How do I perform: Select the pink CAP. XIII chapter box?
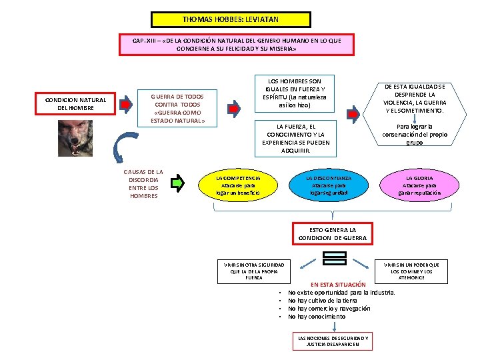click(x=236, y=45)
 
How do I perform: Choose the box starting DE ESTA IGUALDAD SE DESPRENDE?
click(x=415, y=99)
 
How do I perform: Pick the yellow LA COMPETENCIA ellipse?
click(x=238, y=185)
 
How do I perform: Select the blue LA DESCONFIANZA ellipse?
click(x=329, y=185)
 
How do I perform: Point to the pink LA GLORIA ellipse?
click(x=419, y=185)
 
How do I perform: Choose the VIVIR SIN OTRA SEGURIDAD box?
click(x=254, y=271)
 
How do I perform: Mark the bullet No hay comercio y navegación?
click(x=329, y=309)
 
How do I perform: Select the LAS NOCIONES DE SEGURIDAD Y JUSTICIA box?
click(x=332, y=341)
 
